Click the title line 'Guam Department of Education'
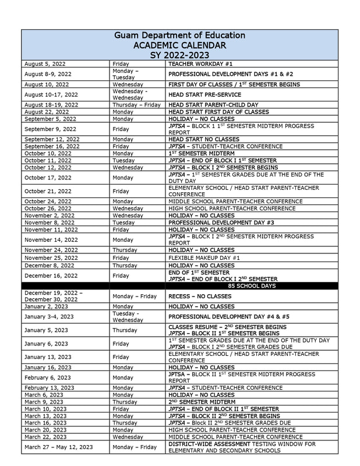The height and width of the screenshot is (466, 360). click(179, 36)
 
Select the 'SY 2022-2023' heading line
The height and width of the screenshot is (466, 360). click(179, 55)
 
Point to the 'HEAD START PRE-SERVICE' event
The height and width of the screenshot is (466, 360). click(204, 94)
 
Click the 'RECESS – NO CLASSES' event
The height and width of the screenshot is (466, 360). click(200, 296)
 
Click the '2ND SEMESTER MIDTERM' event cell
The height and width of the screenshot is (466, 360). click(202, 402)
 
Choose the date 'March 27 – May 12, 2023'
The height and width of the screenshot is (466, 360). click(58, 447)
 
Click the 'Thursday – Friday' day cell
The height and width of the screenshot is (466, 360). click(136, 105)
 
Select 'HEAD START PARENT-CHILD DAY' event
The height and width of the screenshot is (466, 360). click(213, 105)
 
